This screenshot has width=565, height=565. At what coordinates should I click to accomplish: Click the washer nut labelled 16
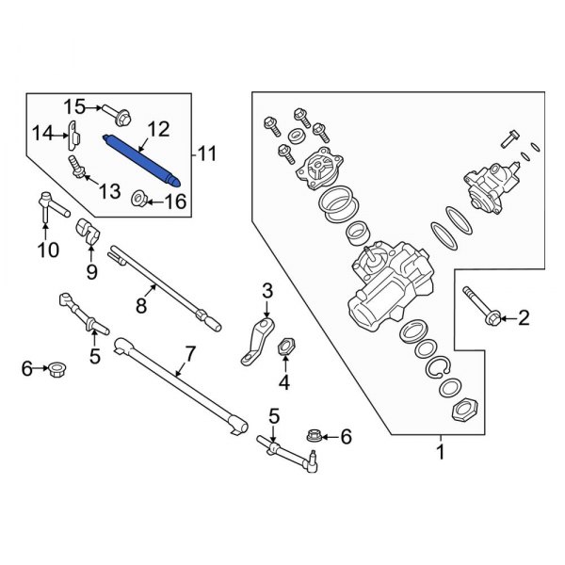[139, 199]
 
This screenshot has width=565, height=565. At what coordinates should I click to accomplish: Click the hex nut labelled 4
[285, 351]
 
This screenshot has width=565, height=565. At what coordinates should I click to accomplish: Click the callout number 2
[524, 320]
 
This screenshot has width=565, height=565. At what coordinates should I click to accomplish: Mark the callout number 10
[47, 250]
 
